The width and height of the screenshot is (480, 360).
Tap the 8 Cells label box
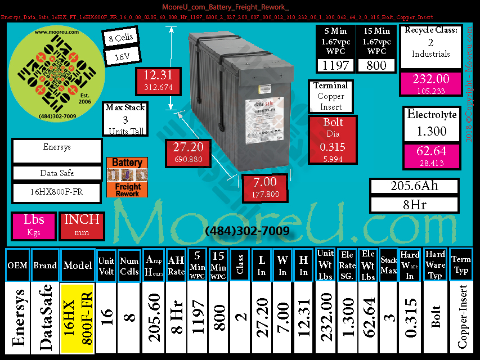118,39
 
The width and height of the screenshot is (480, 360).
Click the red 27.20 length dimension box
188,153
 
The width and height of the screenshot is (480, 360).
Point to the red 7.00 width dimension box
264,188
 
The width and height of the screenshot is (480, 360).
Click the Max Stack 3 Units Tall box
125,119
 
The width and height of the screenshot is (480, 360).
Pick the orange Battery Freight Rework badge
127,177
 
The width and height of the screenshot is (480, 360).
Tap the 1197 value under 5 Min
336,65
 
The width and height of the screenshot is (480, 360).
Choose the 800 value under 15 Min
376,65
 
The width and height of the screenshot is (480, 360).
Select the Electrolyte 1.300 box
431,124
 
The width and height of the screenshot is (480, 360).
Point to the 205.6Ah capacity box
414,186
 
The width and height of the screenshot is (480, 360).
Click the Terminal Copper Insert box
331,96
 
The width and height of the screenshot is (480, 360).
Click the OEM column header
17,265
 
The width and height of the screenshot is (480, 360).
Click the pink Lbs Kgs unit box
33,225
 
